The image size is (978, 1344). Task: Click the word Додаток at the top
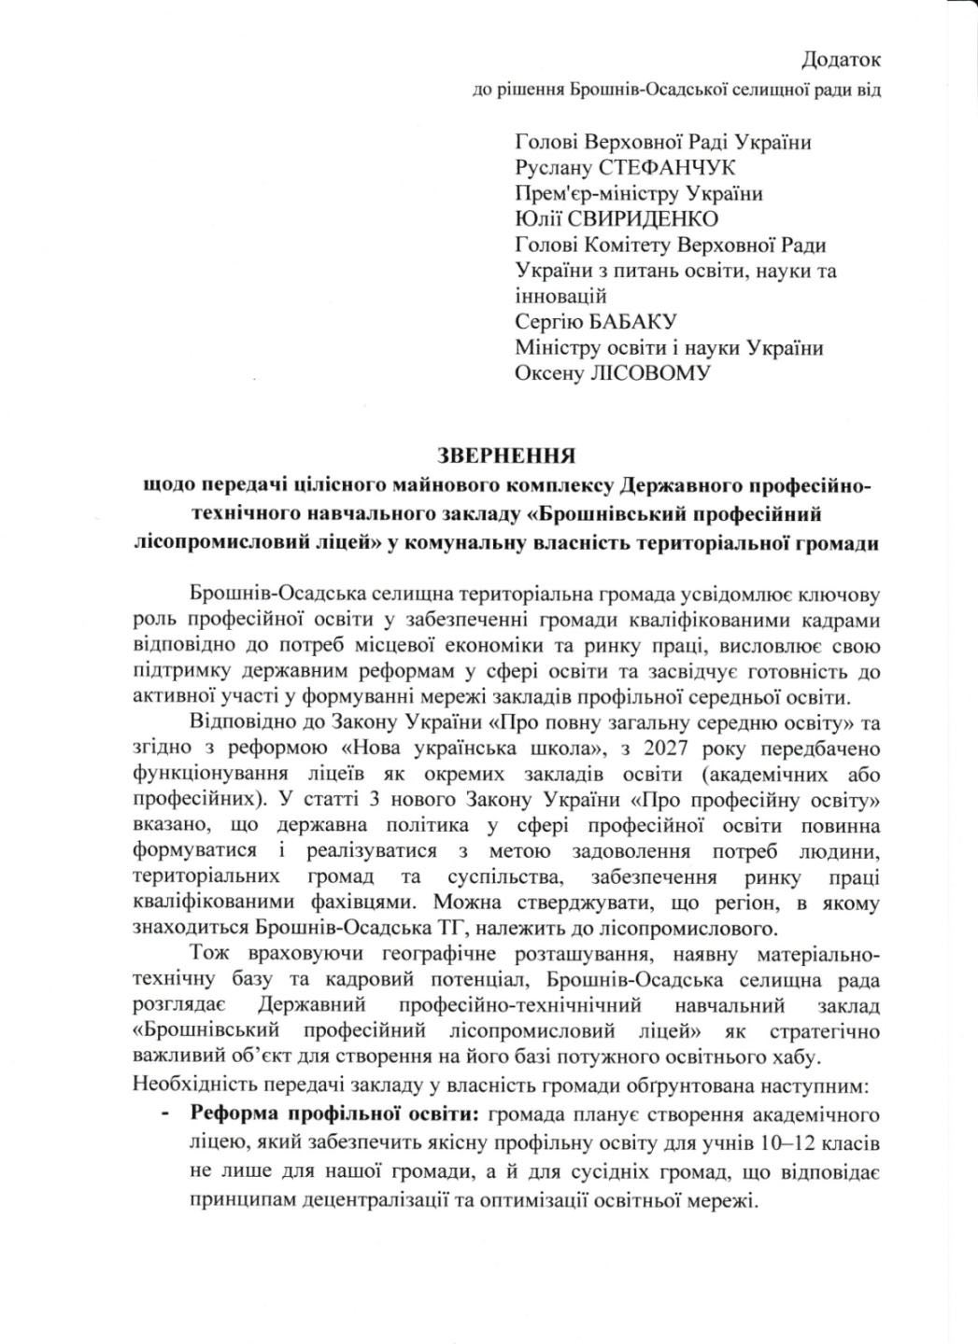click(x=841, y=61)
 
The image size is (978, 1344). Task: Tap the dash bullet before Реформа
click(x=165, y=1115)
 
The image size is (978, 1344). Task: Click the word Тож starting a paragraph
click(x=207, y=956)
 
